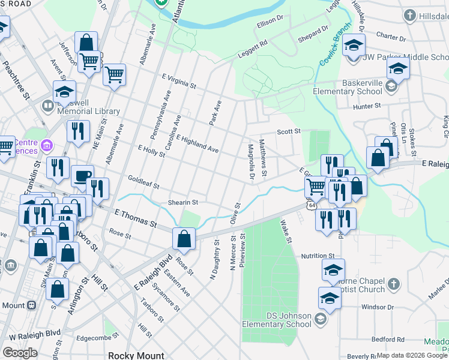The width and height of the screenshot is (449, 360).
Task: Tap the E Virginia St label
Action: point(179,80)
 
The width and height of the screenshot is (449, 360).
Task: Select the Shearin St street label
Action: point(182,203)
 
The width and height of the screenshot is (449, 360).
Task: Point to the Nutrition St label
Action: point(317,256)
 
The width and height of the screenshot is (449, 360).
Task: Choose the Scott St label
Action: point(288,131)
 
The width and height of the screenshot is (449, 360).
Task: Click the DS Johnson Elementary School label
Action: point(277,320)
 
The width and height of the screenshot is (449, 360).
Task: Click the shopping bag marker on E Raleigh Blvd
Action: point(184,239)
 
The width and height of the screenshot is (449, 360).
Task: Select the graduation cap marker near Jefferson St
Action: point(64,92)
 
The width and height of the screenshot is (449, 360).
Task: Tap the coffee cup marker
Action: point(82,176)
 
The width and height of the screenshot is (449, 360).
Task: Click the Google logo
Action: point(20,353)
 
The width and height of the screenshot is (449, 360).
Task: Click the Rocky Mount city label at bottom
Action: point(136,355)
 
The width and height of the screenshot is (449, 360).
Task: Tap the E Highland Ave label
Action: point(197,143)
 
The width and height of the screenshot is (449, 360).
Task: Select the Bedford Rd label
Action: point(387,339)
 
